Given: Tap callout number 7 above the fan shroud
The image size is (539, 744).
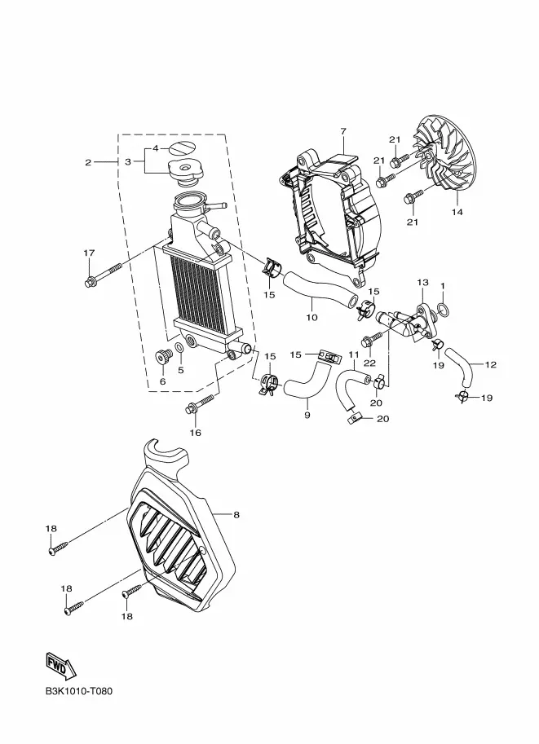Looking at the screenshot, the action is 343,130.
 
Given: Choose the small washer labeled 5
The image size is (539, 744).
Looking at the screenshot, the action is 180,349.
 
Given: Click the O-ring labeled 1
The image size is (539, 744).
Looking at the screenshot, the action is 443,310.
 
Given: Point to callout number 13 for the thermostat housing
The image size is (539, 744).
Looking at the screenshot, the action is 422,282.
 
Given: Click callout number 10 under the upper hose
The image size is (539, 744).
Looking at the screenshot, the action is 311,317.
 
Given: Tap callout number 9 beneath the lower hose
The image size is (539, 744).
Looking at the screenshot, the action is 307,415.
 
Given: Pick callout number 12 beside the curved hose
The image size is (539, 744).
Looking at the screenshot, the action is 491,364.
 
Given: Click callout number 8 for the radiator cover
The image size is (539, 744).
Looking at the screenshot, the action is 236,514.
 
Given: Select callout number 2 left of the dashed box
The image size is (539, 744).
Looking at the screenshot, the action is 88,162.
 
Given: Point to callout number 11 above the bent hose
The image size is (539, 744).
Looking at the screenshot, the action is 354,354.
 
